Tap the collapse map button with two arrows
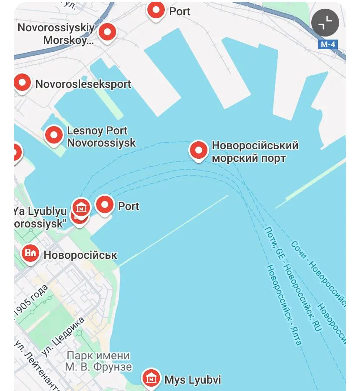pyautogui.click(x=325, y=23)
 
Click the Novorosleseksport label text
pyautogui.click(x=83, y=84)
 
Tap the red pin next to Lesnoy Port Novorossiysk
pyautogui.click(x=54, y=135)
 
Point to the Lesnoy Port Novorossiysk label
pyautogui.click(x=101, y=137)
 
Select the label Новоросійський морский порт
pyautogui.click(x=255, y=151)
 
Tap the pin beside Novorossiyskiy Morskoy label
pyautogui.click(x=107, y=32)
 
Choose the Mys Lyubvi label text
pyautogui.click(x=193, y=380)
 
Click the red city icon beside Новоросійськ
pyautogui.click(x=30, y=253)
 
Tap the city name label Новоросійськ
pyautogui.click(x=80, y=255)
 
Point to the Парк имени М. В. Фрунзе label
pyautogui.click(x=98, y=361)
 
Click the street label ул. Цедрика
pyautogui.click(x=63, y=336)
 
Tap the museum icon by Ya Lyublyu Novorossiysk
pyautogui.click(x=81, y=207)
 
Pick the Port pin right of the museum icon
pyautogui.click(x=104, y=205)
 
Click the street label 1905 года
pyautogui.click(x=30, y=300)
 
